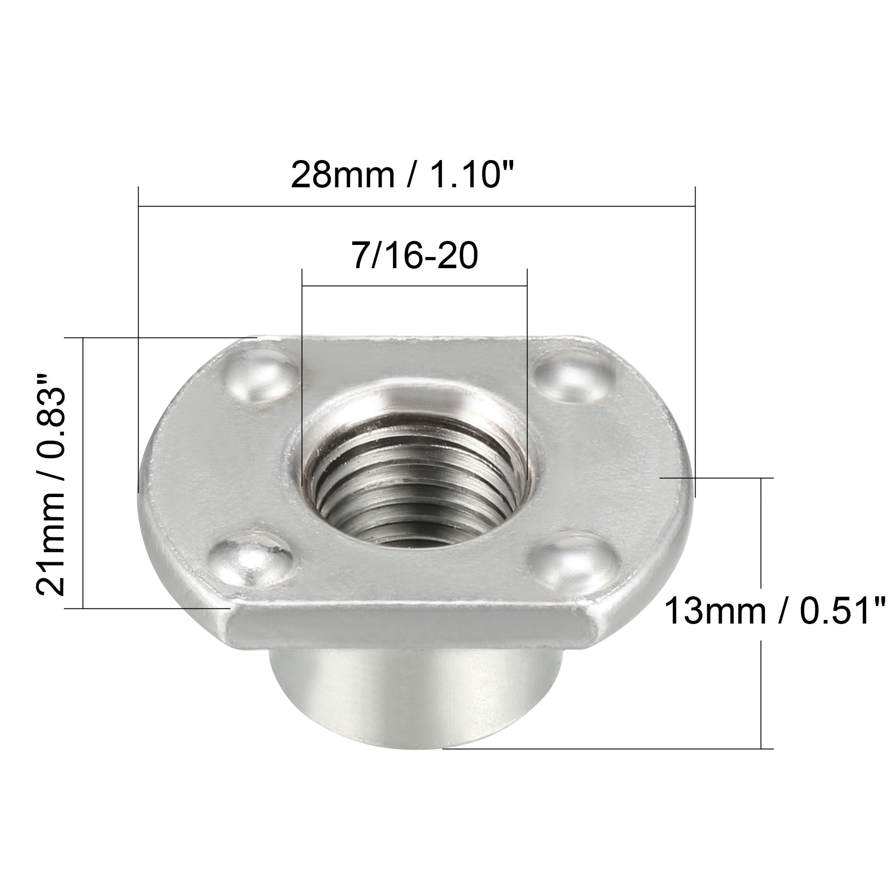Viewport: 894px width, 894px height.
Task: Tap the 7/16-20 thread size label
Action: (415, 256)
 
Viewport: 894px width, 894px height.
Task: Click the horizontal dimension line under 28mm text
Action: (417, 206)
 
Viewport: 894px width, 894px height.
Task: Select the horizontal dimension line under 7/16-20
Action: (415, 286)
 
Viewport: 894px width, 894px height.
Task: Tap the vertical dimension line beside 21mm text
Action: (83, 472)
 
